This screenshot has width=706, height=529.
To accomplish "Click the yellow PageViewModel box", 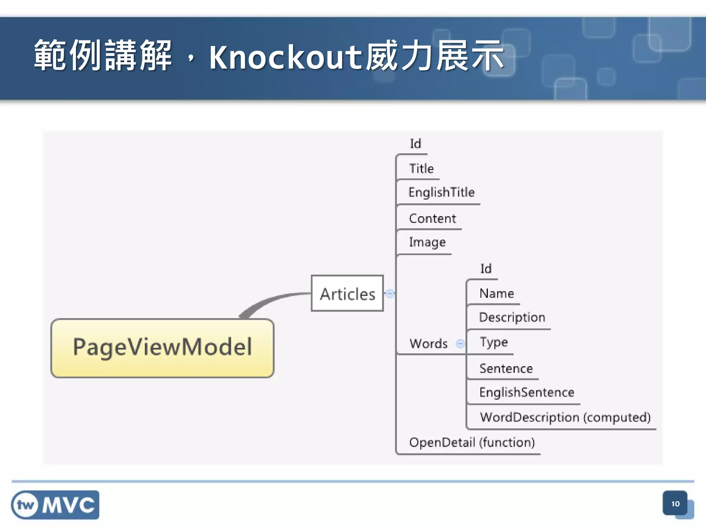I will pos(162,348).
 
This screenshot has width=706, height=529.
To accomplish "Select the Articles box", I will pos(347,294).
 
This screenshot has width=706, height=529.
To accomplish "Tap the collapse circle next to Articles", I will pos(390,294).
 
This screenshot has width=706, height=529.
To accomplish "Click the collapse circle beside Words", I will pos(460,343).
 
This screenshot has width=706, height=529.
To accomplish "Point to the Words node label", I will pos(428,343).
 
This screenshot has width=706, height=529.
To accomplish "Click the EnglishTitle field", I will pos(442,192).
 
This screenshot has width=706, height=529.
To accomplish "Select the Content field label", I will pos(433,218).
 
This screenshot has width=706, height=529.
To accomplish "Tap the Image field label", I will pos(427,242).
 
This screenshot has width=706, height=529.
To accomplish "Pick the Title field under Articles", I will pos(422,168).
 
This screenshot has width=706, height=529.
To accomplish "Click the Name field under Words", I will pos(497,293).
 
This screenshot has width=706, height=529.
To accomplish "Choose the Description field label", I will pos(512,317).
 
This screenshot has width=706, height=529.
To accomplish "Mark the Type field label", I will pos(494,342).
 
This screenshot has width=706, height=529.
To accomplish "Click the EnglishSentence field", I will pos(527,392).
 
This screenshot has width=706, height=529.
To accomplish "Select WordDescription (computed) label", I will pos(565,417).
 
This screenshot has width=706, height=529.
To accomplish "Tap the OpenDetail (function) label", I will pos(472,442).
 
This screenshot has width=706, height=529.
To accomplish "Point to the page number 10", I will pos(675,504).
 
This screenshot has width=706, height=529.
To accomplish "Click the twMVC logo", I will pos(55,505).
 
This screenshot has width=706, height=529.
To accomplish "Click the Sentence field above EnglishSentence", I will pos(506,369).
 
